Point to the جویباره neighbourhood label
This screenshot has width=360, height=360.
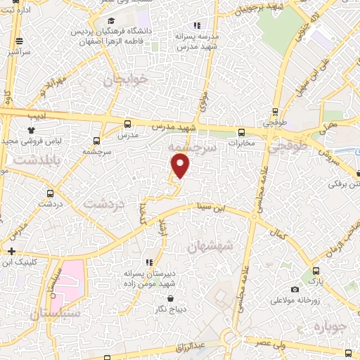[330, 328]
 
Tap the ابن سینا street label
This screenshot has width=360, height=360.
[215, 208]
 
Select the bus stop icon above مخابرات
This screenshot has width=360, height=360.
[242, 131]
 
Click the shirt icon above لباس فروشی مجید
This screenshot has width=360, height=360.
[31, 130]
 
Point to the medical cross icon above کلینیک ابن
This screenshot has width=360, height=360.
[11, 251]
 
